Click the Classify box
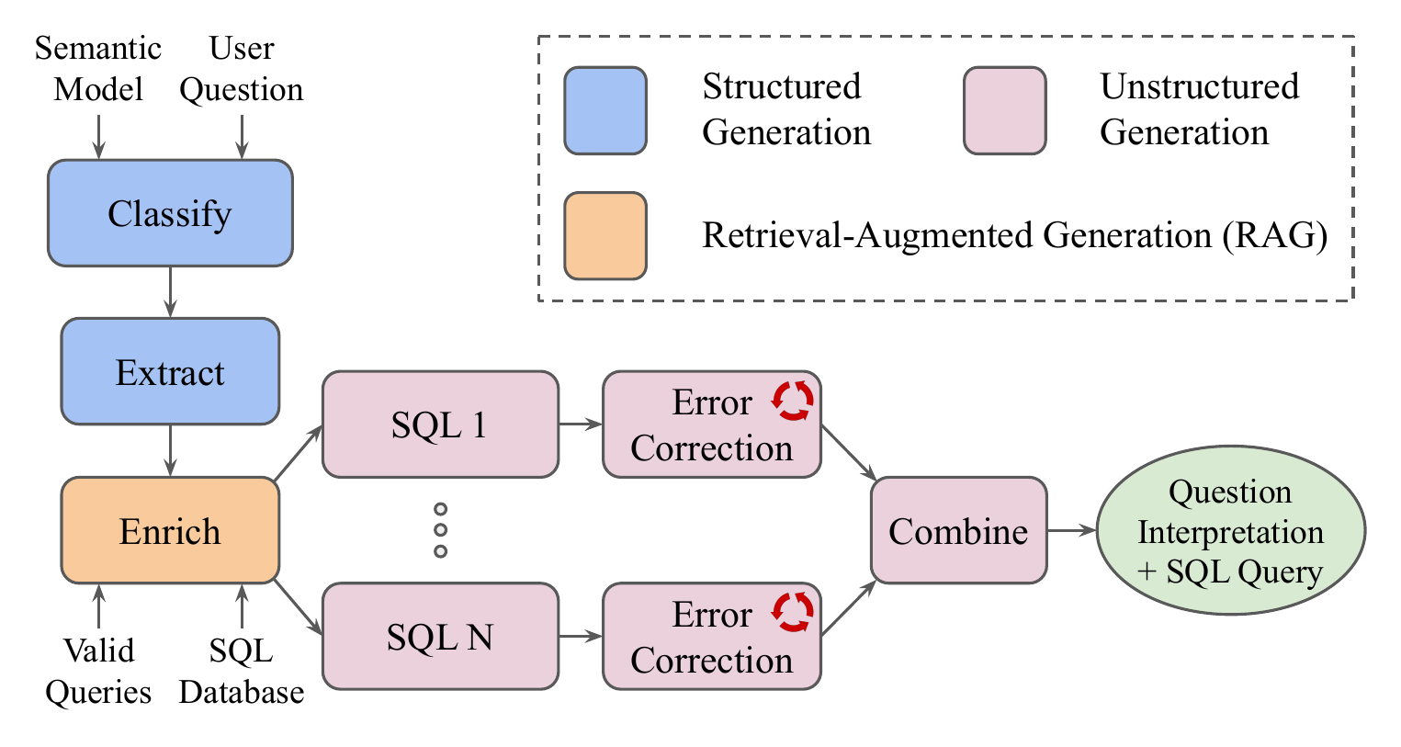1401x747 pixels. point(170,213)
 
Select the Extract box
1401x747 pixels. point(170,372)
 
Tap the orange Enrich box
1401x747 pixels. point(170,531)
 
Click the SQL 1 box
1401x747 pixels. point(440,424)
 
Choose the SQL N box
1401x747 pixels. point(440,636)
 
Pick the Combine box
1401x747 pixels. point(958,531)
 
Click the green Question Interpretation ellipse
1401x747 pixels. point(1230,531)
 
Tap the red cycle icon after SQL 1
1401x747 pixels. point(792,401)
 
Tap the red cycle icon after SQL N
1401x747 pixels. point(792,612)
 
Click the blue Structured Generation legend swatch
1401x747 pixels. point(605,110)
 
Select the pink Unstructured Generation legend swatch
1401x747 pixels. point(1004,110)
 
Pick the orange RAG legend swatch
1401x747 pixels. point(605,235)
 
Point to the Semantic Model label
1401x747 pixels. point(98,69)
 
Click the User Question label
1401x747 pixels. point(242,69)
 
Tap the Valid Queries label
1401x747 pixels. point(98,671)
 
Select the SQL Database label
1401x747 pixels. point(242,671)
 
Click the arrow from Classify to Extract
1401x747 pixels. point(170,292)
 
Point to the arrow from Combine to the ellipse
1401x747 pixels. point(1071,530)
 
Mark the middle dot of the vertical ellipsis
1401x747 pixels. point(440,530)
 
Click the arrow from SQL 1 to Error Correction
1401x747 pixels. point(580,424)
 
